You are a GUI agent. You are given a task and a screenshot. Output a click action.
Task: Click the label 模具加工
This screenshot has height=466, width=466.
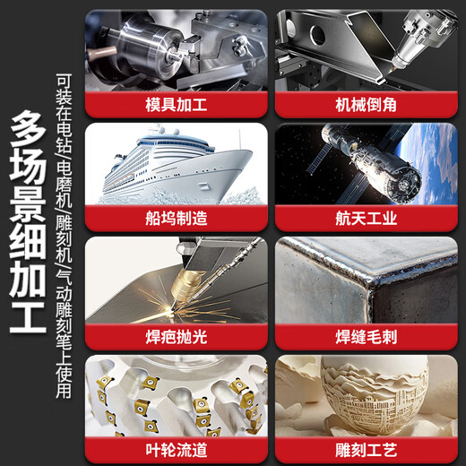pyautogui.click(x=177, y=105)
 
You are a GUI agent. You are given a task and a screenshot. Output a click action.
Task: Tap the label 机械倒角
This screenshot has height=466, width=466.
pyautogui.click(x=366, y=105)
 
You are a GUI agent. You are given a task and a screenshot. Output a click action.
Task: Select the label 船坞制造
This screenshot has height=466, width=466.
pyautogui.click(x=177, y=218)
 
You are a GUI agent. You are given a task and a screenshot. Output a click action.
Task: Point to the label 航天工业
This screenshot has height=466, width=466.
pyautogui.click(x=366, y=218)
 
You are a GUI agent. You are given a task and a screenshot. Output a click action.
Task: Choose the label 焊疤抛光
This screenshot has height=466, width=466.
pyautogui.click(x=177, y=337)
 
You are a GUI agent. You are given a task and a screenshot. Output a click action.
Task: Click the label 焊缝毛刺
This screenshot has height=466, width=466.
pyautogui.click(x=366, y=337)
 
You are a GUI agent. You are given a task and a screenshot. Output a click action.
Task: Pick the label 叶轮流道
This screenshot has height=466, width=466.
pyautogui.click(x=177, y=450)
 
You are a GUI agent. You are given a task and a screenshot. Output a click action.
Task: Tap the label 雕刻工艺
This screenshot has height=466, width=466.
pyautogui.click(x=366, y=450)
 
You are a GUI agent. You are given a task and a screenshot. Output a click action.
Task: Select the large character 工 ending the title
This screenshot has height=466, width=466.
pyautogui.click(x=28, y=317)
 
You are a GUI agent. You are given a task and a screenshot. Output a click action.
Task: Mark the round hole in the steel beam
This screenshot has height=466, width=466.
pyautogui.click(x=317, y=35)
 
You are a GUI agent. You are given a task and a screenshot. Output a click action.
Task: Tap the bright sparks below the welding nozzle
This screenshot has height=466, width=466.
pyautogui.click(x=177, y=307)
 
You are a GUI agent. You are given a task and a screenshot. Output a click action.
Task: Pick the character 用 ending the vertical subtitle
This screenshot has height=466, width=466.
pyautogui.click(x=64, y=391)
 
